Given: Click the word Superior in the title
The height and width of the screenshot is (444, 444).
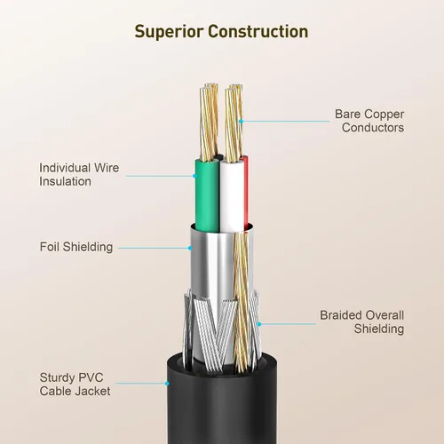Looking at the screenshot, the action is pyautogui.click(x=169, y=32).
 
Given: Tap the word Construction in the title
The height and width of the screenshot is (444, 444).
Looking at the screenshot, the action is pyautogui.click(x=258, y=31).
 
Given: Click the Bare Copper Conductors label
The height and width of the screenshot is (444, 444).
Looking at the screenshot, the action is pyautogui.click(x=369, y=121).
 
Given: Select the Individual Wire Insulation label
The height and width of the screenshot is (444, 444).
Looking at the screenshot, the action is pyautogui.click(x=79, y=175).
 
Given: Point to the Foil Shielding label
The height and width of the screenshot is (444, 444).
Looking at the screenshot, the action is pyautogui.click(x=76, y=247).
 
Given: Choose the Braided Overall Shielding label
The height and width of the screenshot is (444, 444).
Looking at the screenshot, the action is pyautogui.click(x=361, y=322).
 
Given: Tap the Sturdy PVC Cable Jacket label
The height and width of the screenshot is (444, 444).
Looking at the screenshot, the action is pyautogui.click(x=75, y=385).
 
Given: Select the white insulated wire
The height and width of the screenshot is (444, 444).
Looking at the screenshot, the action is pyautogui.click(x=232, y=196).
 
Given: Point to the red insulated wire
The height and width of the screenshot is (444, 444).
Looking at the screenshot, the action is pyautogui.click(x=246, y=193).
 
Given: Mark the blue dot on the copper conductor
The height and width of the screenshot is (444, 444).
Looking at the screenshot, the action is pyautogui.click(x=241, y=121).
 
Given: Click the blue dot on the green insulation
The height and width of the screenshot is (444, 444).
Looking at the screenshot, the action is pyautogui.click(x=194, y=176).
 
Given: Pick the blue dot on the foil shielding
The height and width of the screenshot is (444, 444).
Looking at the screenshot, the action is pyautogui.click(x=190, y=248).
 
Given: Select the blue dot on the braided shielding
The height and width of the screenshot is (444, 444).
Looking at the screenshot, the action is pyautogui.click(x=259, y=324).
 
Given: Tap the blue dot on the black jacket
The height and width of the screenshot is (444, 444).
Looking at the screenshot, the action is pyautogui.click(x=167, y=384).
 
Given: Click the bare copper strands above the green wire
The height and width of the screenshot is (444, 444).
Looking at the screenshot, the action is pyautogui.click(x=210, y=122).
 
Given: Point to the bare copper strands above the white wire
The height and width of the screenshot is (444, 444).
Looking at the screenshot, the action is pyautogui.click(x=234, y=123).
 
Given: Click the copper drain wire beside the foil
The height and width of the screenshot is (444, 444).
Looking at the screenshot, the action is pyautogui.click(x=242, y=302).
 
